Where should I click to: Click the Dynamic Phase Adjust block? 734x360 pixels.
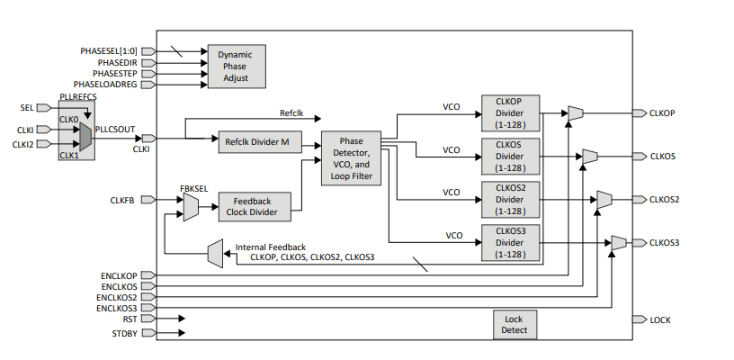click(237, 67)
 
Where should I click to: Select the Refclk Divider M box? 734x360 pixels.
click(258, 142)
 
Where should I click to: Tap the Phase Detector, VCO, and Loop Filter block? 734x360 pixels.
click(351, 159)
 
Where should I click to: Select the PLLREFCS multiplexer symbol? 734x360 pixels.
click(85, 137)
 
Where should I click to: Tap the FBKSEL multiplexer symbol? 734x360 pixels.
click(191, 208)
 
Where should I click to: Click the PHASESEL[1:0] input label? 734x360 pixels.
click(108, 51)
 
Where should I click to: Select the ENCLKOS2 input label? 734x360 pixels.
click(117, 297)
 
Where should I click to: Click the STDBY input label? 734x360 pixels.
click(123, 334)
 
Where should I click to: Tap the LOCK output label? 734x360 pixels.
click(660, 319)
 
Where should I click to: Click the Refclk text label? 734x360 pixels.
click(291, 113)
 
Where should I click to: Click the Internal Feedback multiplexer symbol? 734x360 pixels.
click(214, 253)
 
